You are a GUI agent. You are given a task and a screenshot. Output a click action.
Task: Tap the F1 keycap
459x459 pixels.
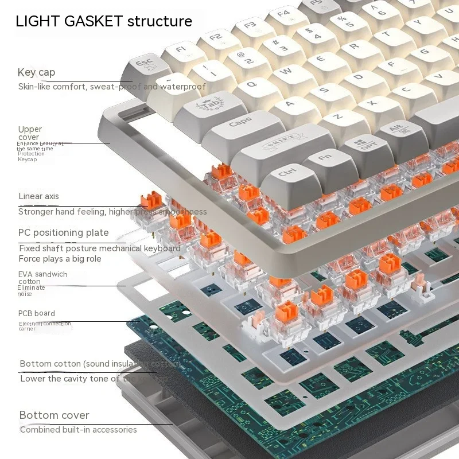(181, 49)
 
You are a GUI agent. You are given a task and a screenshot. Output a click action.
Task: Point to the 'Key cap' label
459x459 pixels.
(36, 72)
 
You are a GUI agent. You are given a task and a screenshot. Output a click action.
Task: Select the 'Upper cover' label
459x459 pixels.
(30, 133)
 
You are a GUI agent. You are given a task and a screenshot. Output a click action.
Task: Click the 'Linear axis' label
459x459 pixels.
(38, 196)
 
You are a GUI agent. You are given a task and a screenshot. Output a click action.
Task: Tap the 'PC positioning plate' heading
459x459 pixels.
(63, 232)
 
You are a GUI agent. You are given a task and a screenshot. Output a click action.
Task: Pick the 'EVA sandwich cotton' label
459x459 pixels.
(42, 278)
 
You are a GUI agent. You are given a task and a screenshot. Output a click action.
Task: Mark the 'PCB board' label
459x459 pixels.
(37, 313)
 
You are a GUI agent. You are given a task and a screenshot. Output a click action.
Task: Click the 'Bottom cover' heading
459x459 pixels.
(54, 415)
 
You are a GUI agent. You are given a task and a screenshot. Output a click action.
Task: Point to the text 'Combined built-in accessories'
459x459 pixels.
(78, 430)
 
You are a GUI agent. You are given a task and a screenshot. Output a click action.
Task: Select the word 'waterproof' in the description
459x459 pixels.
(182, 87)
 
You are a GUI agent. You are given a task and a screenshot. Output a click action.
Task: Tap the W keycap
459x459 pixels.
(287, 72)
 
